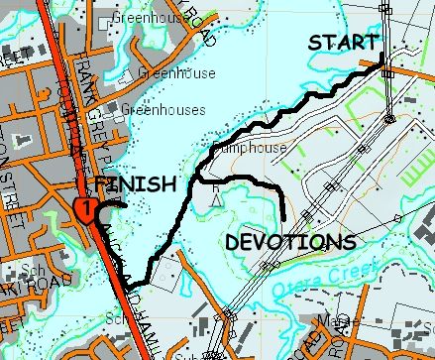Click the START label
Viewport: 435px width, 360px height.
[x=343, y=43]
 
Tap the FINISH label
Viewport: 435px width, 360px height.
[x=136, y=185]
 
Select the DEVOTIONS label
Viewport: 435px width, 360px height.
[x=289, y=241]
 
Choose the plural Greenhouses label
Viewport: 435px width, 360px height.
[x=163, y=110]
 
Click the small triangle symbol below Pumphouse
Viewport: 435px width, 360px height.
[x=215, y=198]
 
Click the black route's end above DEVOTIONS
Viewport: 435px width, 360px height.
[x=284, y=217]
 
